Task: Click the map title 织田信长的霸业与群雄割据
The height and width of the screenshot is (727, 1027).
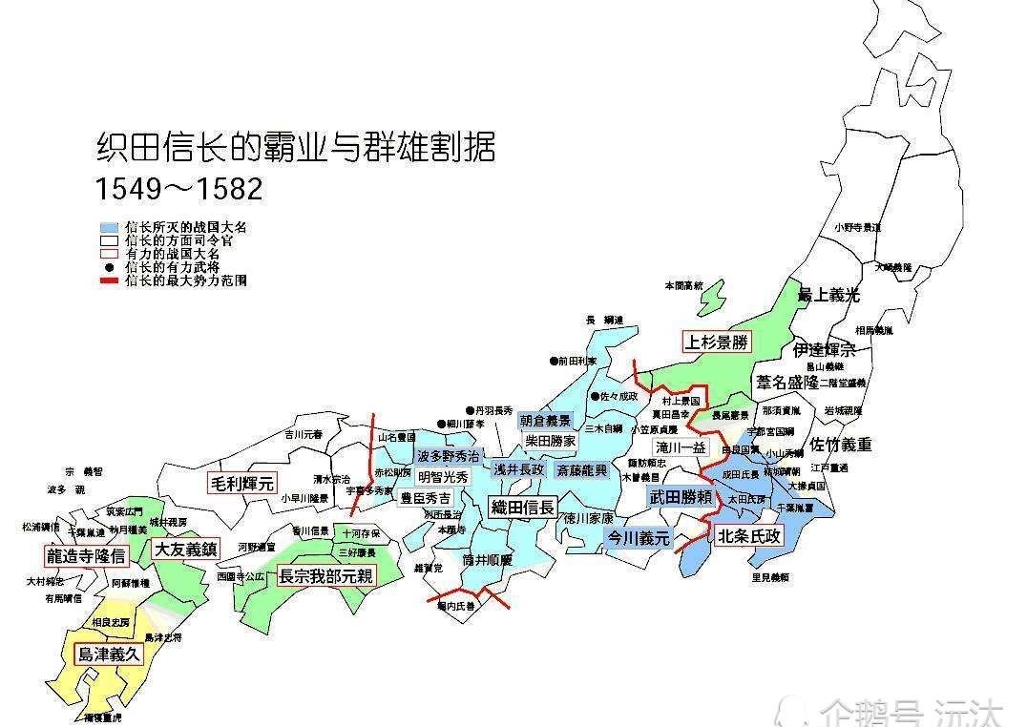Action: [x=296, y=149]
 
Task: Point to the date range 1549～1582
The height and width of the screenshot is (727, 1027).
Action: [x=178, y=189]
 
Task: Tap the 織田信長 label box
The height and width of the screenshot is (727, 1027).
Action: [x=522, y=508]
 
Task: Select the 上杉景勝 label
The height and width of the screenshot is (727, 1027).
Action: [x=716, y=342]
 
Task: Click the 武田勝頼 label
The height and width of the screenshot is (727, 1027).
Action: [x=681, y=497]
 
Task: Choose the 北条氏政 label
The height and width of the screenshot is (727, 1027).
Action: [x=750, y=536]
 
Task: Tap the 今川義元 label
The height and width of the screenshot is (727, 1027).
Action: [x=639, y=538]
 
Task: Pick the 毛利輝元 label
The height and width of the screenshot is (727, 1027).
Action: [x=241, y=484]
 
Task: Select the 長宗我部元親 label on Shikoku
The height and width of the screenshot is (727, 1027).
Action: [x=326, y=576]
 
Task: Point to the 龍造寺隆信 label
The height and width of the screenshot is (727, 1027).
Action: [x=85, y=555]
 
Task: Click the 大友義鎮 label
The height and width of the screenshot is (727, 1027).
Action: [x=185, y=550]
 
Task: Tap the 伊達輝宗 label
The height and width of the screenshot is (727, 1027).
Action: [x=824, y=349]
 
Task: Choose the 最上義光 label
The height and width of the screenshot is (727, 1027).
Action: [x=828, y=295]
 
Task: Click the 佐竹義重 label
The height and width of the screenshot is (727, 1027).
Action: [x=841, y=445]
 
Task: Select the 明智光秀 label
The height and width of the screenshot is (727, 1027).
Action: [x=444, y=476]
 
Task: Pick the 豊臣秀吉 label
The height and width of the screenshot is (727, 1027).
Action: [x=425, y=498]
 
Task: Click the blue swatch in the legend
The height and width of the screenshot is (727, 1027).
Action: [x=110, y=229]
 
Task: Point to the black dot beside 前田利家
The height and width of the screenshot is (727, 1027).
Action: [x=552, y=362]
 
